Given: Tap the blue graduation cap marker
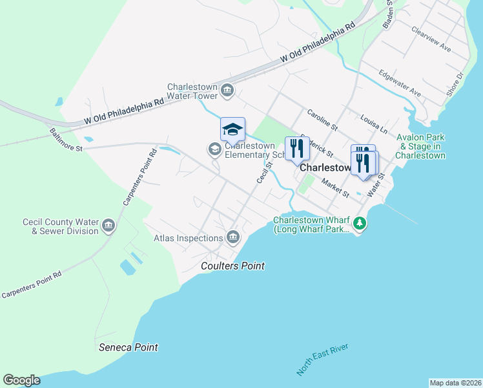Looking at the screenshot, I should [232, 129].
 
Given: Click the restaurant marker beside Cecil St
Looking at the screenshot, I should [297, 149].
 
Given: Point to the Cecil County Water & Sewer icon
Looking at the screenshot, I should [108, 226].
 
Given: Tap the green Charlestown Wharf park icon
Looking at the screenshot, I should [360, 224].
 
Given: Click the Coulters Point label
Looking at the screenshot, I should [232, 266].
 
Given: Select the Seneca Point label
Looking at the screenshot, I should [128, 347].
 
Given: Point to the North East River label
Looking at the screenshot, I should [322, 360].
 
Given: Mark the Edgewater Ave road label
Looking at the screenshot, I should [400, 83].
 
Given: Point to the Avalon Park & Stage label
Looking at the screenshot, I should [420, 147].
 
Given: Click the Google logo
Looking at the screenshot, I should [21, 380].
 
